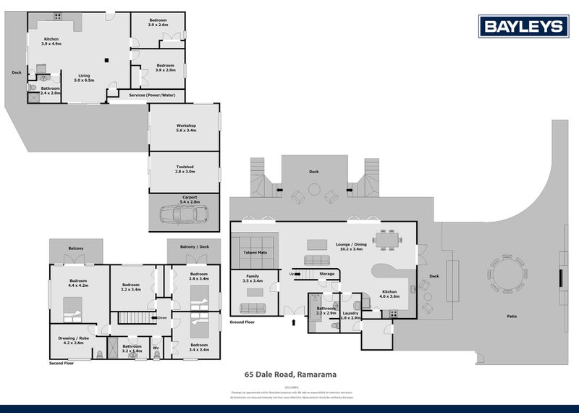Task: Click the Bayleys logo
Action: tap(522, 27)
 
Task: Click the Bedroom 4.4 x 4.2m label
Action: tap(78, 282)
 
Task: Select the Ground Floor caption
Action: tap(242, 320)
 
